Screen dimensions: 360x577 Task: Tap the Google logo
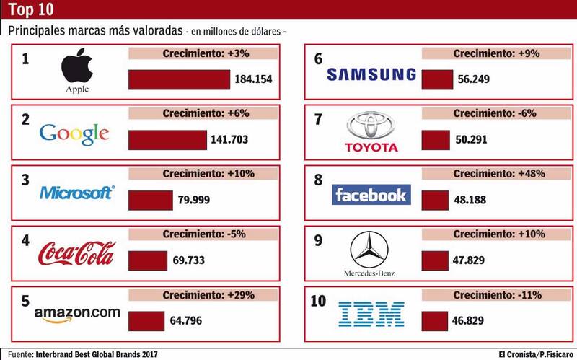[x=74, y=133]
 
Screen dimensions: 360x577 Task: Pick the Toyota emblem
[x=371, y=128]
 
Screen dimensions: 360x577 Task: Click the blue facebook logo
[x=371, y=194]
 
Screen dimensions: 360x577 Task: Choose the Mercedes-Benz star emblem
[x=371, y=250]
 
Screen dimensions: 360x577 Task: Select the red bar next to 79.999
[x=151, y=199]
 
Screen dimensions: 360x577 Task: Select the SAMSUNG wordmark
[x=371, y=74]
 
